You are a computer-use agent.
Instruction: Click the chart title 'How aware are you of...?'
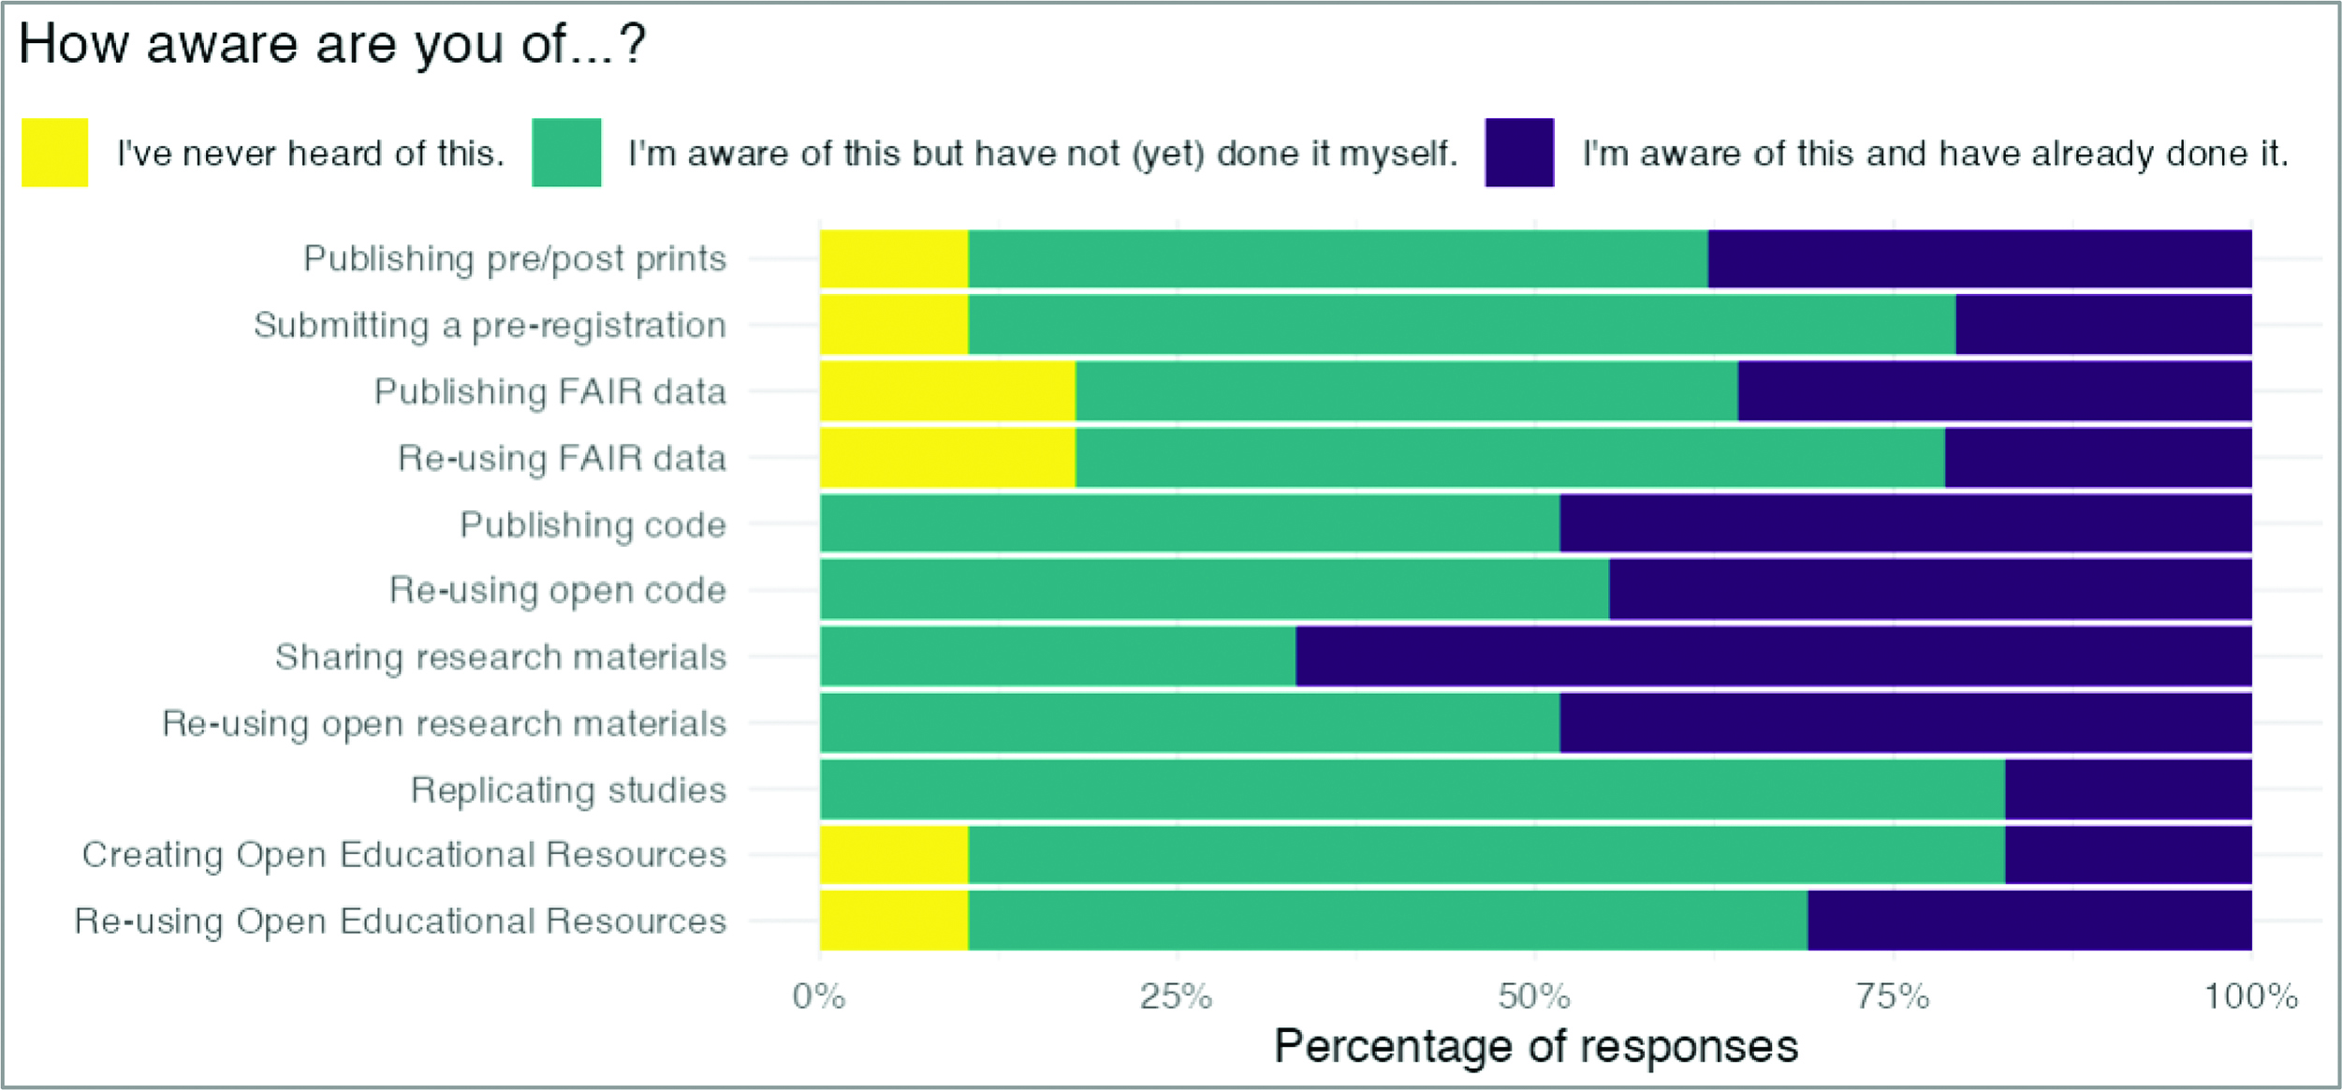(x=331, y=44)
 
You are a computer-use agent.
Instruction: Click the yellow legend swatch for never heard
(x=54, y=153)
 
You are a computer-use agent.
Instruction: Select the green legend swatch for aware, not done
(x=566, y=153)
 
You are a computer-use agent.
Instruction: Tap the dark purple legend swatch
(x=1518, y=153)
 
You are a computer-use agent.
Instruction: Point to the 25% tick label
(x=1176, y=996)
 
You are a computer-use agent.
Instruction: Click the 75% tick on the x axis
(x=1893, y=996)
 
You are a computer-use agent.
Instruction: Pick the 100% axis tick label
(x=2250, y=996)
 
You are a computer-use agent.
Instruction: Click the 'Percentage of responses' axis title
(x=1535, y=1046)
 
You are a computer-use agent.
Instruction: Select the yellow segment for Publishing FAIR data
(x=947, y=391)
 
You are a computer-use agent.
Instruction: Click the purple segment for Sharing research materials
(x=1773, y=656)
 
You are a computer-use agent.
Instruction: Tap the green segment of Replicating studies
(x=1412, y=789)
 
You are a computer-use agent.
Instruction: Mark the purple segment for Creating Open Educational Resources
(x=2128, y=855)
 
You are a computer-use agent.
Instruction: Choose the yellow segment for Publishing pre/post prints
(x=894, y=258)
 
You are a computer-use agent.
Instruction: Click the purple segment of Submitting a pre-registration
(x=2102, y=325)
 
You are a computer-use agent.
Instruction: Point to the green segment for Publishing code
(x=1190, y=524)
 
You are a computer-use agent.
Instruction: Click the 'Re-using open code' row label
(x=558, y=591)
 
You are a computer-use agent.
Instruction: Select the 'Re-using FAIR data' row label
(x=562, y=458)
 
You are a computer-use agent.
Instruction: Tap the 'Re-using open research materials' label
(x=445, y=724)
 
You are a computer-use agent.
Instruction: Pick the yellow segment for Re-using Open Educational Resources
(x=894, y=921)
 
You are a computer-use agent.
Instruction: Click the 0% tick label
(x=819, y=996)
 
